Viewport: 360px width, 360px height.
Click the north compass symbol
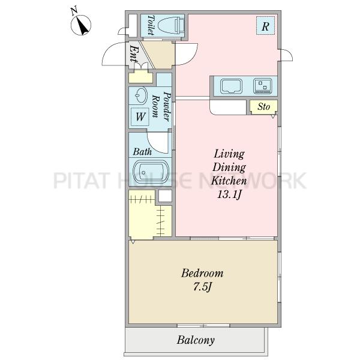coord(81,25)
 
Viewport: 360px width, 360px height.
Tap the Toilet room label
coord(151,25)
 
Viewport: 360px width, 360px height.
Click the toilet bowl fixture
coord(171,25)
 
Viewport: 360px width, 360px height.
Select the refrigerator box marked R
coord(265,25)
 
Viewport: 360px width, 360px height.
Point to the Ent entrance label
coord(134,54)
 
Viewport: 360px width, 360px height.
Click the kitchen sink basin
coord(232,86)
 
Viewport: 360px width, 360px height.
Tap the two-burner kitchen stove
coord(262,86)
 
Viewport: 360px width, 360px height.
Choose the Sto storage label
coord(263,107)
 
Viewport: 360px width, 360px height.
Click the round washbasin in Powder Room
coord(141,95)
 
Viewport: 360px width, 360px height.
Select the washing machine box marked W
coord(140,117)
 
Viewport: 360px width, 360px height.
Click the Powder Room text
coord(162,106)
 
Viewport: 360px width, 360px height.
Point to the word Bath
coord(142,152)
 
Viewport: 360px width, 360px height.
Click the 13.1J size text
coord(229,195)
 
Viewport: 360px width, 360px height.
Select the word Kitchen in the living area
coord(229,181)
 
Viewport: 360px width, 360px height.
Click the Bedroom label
coord(202,273)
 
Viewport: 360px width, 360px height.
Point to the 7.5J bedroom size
coord(202,287)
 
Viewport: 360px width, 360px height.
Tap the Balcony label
coord(196,340)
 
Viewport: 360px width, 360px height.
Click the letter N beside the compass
coord(74,11)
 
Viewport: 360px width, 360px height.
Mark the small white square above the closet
coord(165,196)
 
